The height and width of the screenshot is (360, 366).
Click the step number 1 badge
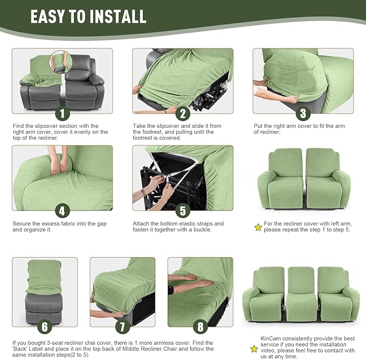coord(62,113)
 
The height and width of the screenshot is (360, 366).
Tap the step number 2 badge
coord(183,113)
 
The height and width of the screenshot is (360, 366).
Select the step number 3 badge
coord(303,113)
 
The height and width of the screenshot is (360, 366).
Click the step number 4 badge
coord(62,210)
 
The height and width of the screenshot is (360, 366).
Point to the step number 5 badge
coord(183,210)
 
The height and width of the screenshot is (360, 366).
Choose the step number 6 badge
coord(45,327)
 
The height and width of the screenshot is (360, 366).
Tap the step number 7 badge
coord(122,327)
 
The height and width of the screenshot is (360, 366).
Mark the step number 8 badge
coord(200,327)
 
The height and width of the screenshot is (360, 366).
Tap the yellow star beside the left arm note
coord(258,227)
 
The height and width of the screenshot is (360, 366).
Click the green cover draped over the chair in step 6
coord(44,275)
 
